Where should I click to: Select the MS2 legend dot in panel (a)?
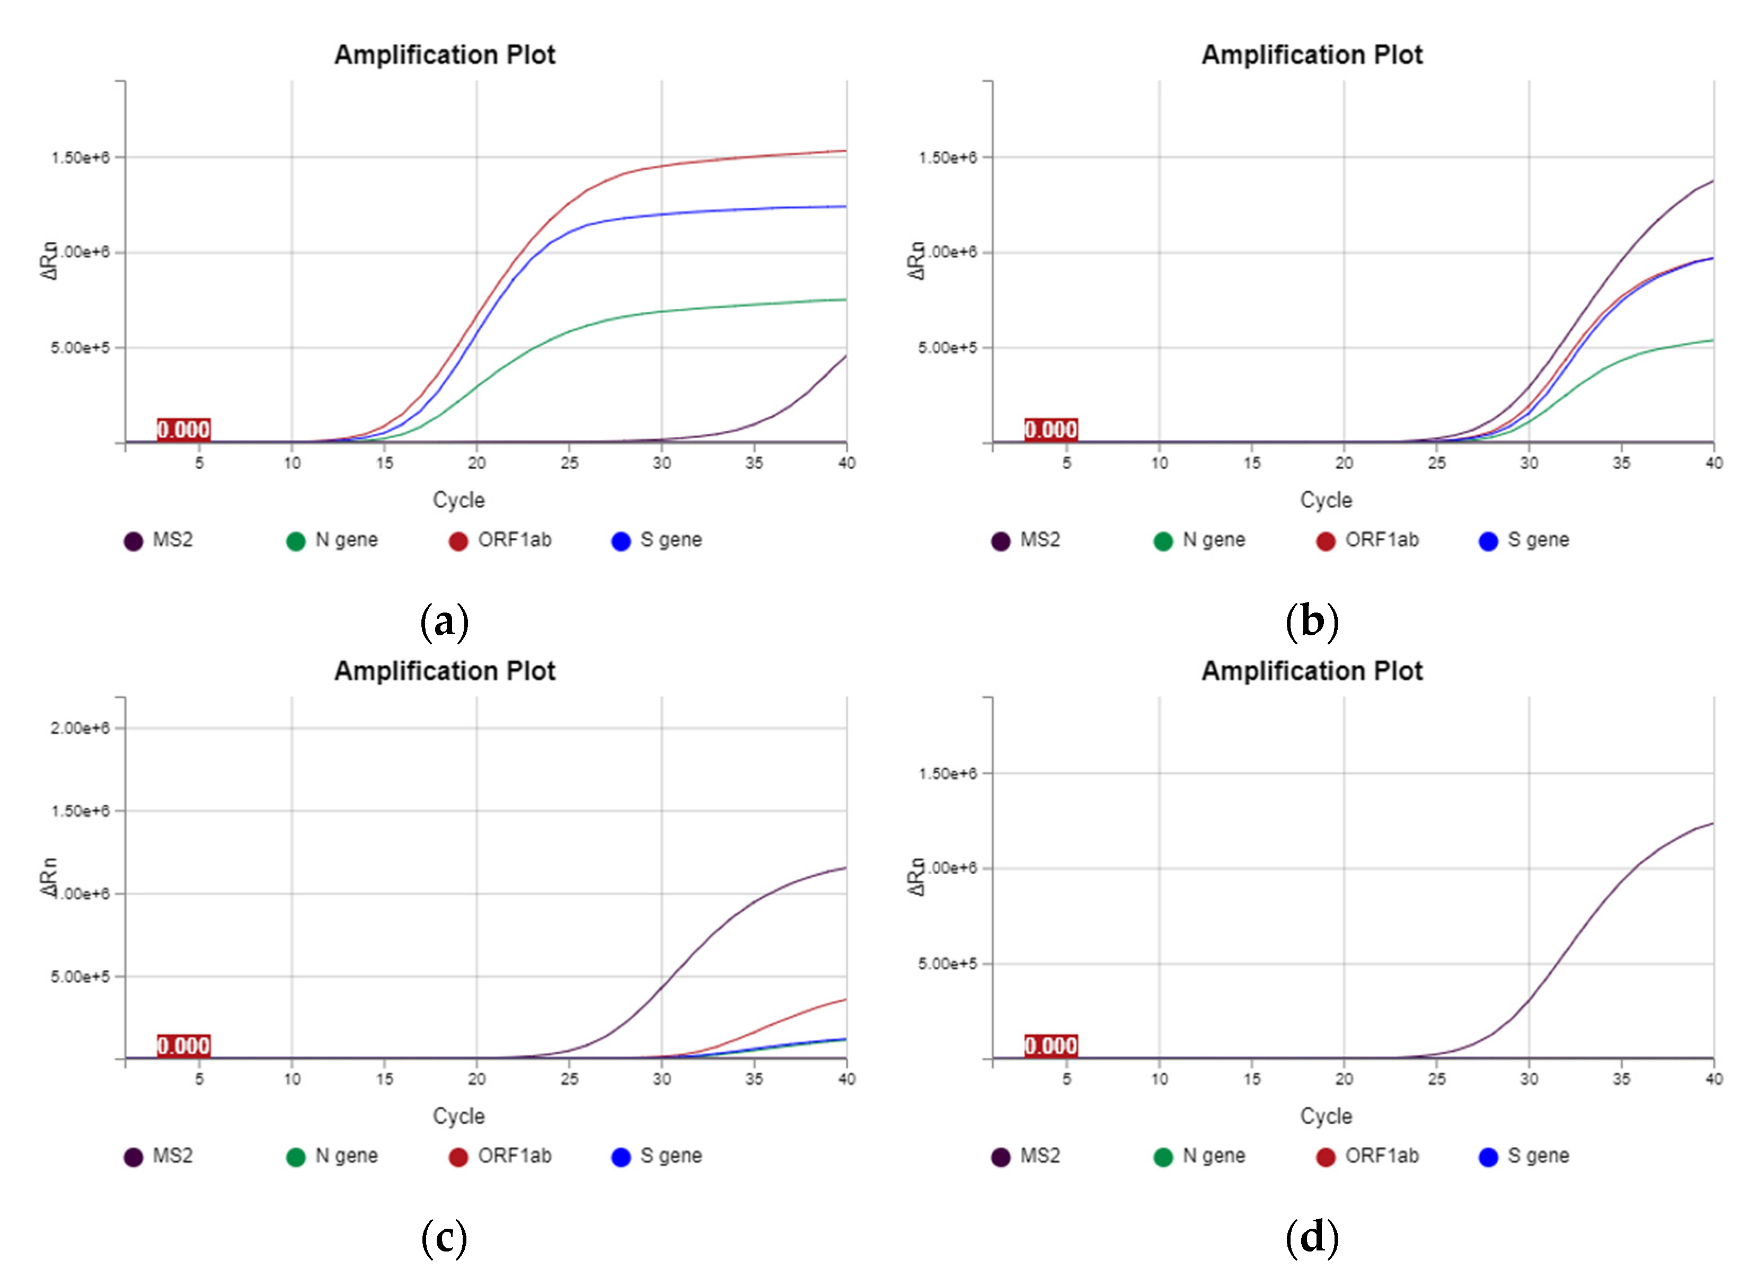pyautogui.click(x=133, y=541)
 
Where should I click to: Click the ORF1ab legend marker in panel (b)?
pyautogui.click(x=1325, y=541)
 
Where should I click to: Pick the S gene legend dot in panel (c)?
pyautogui.click(x=621, y=1157)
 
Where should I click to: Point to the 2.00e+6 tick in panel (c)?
pyautogui.click(x=79, y=728)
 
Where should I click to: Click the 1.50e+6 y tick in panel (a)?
pyautogui.click(x=79, y=158)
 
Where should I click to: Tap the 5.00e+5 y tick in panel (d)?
pyautogui.click(x=947, y=964)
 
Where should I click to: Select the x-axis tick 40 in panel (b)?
pyautogui.click(x=1713, y=463)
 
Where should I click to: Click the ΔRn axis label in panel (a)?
pyautogui.click(x=49, y=261)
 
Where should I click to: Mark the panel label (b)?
pyautogui.click(x=1312, y=622)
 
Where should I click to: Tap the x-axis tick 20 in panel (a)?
pyautogui.click(x=476, y=463)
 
